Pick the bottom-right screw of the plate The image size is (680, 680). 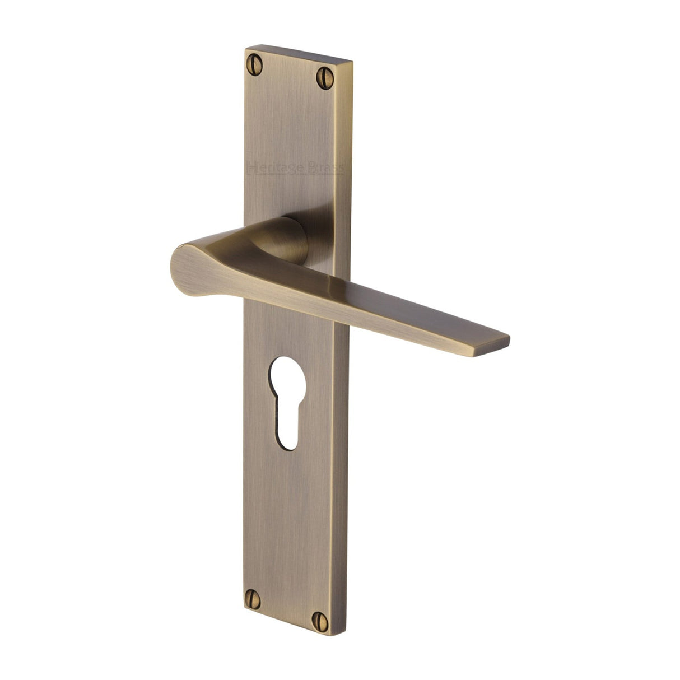click(321, 618)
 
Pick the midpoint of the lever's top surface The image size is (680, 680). click(358, 291)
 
